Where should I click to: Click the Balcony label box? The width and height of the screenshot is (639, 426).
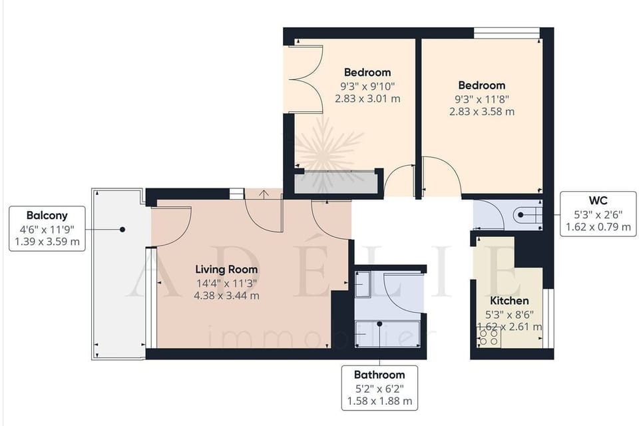[x=47, y=228]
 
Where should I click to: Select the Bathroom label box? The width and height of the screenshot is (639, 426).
[x=379, y=387]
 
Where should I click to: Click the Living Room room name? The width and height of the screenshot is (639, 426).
[x=226, y=270]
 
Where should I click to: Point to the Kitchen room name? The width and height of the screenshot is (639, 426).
[x=509, y=301]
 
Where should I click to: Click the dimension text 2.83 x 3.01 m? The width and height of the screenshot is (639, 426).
[x=367, y=99]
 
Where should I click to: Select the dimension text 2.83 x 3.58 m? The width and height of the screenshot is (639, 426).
[x=481, y=112]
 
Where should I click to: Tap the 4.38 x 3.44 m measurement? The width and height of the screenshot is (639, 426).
[x=227, y=296]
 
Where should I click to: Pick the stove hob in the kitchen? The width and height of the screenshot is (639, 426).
[x=489, y=337]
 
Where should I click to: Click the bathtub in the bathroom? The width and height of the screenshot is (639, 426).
[x=389, y=333]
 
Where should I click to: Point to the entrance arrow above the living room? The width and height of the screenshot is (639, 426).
[x=264, y=194]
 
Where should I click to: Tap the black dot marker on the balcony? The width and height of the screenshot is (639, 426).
[x=122, y=229]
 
